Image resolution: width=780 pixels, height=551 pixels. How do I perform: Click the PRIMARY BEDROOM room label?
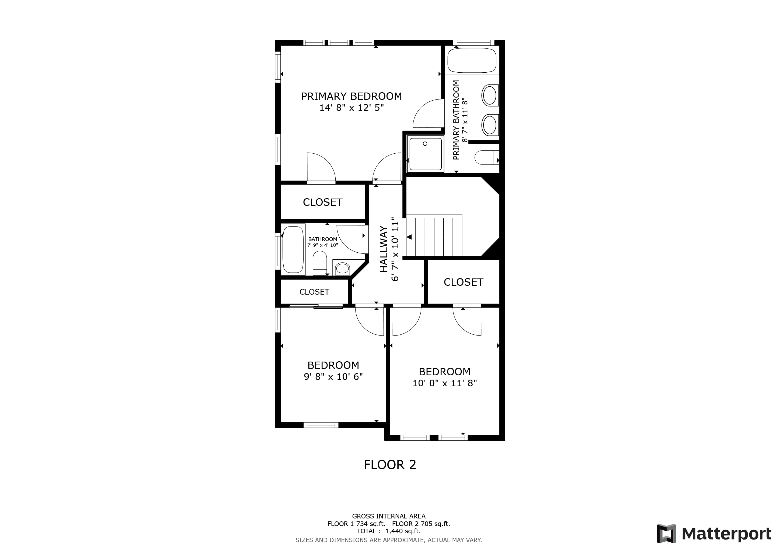351,96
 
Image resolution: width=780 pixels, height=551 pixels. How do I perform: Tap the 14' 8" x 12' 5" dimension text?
351,108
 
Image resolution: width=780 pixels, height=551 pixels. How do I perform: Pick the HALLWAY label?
384,249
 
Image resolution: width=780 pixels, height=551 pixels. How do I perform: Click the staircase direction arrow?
409,237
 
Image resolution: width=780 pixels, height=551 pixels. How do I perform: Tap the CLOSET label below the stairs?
463,282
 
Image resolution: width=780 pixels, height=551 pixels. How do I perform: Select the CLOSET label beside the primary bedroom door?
322,203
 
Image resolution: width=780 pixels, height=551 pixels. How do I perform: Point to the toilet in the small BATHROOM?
320,263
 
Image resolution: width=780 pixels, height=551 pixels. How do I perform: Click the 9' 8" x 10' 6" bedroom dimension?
333,377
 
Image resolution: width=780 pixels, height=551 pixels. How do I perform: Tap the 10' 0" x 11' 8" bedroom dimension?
444,383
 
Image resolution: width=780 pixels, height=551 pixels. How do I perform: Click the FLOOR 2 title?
390,464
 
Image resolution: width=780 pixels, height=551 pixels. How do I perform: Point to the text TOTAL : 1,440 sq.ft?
389,531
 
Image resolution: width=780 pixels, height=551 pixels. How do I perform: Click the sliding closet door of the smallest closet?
316,307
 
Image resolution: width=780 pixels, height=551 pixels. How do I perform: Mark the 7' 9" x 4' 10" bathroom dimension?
322,245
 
